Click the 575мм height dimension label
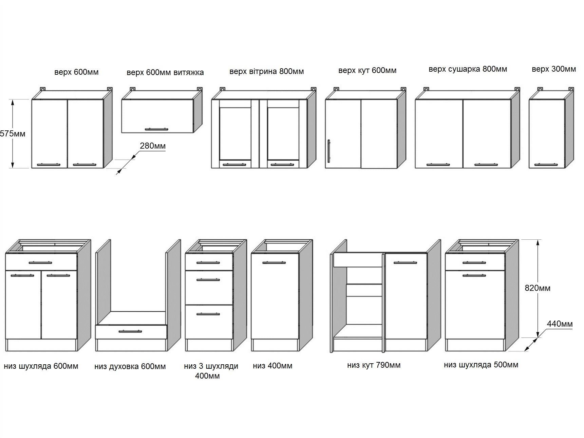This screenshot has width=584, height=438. point(13,133)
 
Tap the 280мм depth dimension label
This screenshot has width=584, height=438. point(153,146)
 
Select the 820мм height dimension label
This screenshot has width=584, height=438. point(538,288)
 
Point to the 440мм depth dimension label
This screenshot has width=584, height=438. point(560,324)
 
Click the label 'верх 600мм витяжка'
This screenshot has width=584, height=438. point(165,72)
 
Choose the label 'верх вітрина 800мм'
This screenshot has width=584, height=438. point(266,71)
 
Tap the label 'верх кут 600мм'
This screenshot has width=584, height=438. point(367,70)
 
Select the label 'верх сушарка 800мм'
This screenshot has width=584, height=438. point(468,69)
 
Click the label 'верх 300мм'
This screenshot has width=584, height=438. point(554,69)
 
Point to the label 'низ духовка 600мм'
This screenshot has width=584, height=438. point(130,366)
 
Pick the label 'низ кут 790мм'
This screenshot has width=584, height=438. point(374,365)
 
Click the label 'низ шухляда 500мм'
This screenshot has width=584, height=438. point(481,365)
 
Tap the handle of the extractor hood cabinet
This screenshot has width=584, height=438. point(156,129)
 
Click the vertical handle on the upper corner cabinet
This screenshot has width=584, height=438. point(328,151)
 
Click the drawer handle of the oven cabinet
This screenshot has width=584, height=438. point(130,331)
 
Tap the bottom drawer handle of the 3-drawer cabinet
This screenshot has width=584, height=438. point(208,314)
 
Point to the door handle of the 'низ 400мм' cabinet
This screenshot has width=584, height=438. point(274,262)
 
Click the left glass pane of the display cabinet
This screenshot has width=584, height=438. point(235,133)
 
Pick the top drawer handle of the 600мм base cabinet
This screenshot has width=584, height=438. point(40,262)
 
